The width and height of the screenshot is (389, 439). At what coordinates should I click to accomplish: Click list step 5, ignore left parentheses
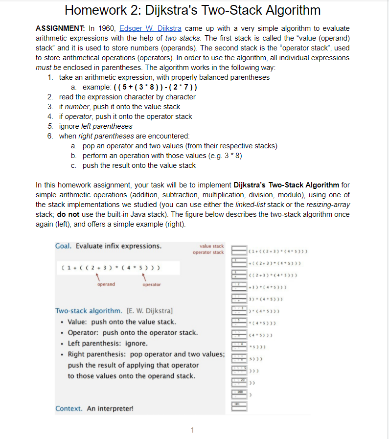[x=95, y=126]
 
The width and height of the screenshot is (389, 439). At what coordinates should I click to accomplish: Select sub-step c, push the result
[x=139, y=165]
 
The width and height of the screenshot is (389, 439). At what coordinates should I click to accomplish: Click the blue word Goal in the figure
[x=64, y=246]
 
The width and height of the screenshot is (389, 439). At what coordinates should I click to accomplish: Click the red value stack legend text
[x=211, y=246]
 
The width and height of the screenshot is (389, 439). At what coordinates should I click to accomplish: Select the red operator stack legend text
[x=208, y=253]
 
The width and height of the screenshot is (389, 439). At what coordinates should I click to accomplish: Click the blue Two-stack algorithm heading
[x=89, y=311]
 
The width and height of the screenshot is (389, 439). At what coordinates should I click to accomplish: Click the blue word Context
[x=69, y=409]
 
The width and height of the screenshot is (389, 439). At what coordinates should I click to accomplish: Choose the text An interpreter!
[x=110, y=409]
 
